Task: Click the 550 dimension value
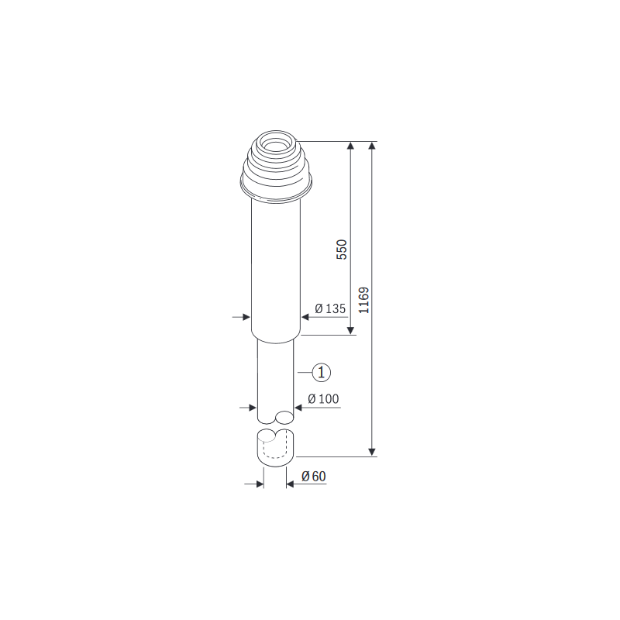[342, 249]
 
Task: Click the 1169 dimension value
[363, 300]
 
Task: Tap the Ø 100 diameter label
[323, 399]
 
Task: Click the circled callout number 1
[322, 372]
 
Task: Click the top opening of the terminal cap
[276, 143]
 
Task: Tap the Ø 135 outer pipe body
[276, 263]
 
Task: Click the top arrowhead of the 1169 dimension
[373, 146]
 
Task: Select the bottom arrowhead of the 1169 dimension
[373, 452]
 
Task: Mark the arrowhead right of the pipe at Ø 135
[305, 316]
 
